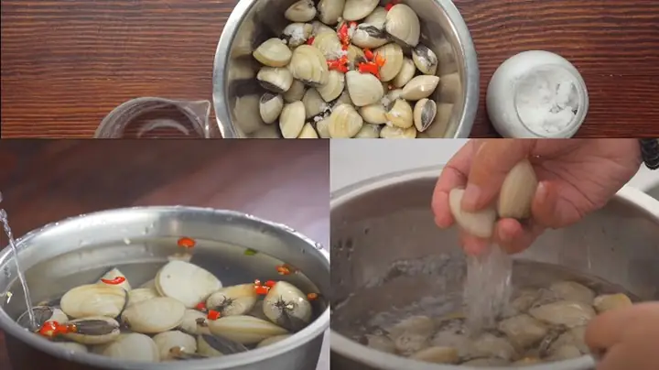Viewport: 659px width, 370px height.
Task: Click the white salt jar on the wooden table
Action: click(536, 93)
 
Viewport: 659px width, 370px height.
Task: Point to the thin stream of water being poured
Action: click(17, 266)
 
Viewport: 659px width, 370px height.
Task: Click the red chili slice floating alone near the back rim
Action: click(186, 243)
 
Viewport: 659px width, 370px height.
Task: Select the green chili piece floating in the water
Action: click(250, 252)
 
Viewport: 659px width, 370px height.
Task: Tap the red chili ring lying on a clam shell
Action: click(113, 280)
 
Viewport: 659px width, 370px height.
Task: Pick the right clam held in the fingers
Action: click(517, 190)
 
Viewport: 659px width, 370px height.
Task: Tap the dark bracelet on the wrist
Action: click(650, 152)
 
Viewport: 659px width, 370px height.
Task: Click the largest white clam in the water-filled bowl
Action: click(187, 283)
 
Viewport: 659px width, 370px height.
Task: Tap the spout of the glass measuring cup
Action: click(205, 109)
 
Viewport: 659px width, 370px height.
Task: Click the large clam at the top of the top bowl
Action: click(402, 25)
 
